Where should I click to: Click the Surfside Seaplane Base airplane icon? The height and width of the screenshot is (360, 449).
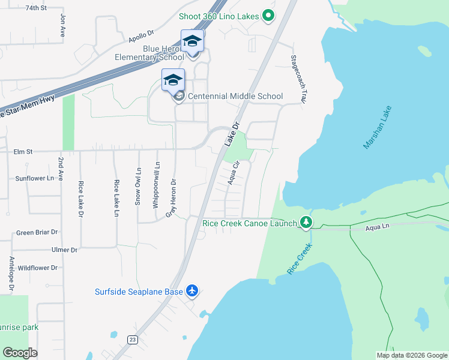(191, 291)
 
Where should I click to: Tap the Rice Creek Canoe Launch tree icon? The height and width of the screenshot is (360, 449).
(306, 223)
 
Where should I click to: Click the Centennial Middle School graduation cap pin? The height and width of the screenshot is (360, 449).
(173, 80)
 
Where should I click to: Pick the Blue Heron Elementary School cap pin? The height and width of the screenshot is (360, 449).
(192, 41)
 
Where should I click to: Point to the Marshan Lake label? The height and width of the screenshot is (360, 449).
(377, 128)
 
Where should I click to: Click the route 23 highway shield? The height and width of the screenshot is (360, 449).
(131, 340)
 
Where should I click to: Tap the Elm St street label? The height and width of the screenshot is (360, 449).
(23, 152)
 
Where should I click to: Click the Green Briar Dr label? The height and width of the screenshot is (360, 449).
(37, 232)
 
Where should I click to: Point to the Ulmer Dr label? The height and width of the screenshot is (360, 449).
(65, 250)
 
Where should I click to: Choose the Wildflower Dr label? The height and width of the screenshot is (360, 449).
(37, 268)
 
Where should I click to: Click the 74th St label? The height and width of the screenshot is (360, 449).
(37, 8)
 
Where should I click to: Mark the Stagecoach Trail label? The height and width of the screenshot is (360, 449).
(295, 79)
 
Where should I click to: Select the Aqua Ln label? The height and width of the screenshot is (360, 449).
(378, 227)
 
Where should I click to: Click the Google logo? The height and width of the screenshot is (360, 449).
(20, 353)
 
